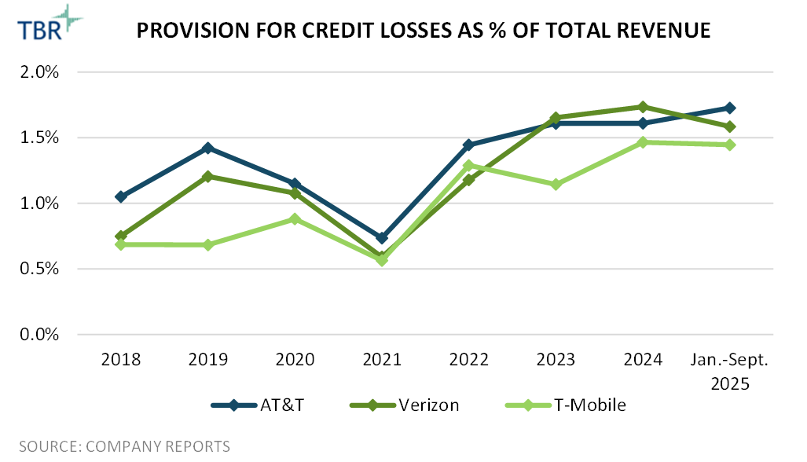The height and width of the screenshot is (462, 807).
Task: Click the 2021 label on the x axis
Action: point(382,360)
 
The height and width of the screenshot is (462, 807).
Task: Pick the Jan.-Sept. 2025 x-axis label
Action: point(730,372)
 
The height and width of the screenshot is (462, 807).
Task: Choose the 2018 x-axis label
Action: point(121,360)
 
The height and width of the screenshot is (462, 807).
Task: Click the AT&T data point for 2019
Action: point(208,148)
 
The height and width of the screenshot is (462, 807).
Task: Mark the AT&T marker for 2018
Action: point(121,196)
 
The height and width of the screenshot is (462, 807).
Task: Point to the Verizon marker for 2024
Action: point(643,107)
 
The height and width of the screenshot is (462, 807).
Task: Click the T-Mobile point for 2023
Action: point(556,185)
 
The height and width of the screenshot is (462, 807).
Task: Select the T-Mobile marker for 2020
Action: point(295,219)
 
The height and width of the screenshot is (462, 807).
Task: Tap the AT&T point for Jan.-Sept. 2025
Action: point(730,108)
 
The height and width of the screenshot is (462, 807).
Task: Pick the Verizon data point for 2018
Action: point(121,236)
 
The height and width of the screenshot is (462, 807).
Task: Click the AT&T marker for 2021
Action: point(382,238)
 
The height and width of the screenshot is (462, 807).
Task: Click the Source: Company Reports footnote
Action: point(124,446)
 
